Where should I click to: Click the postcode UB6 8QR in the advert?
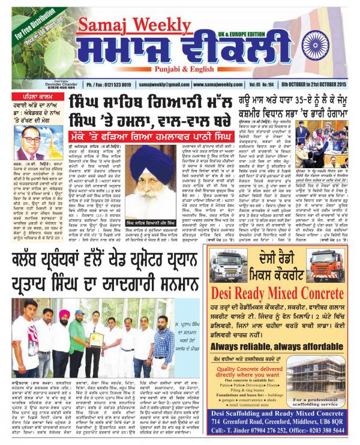tap(337, 419)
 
